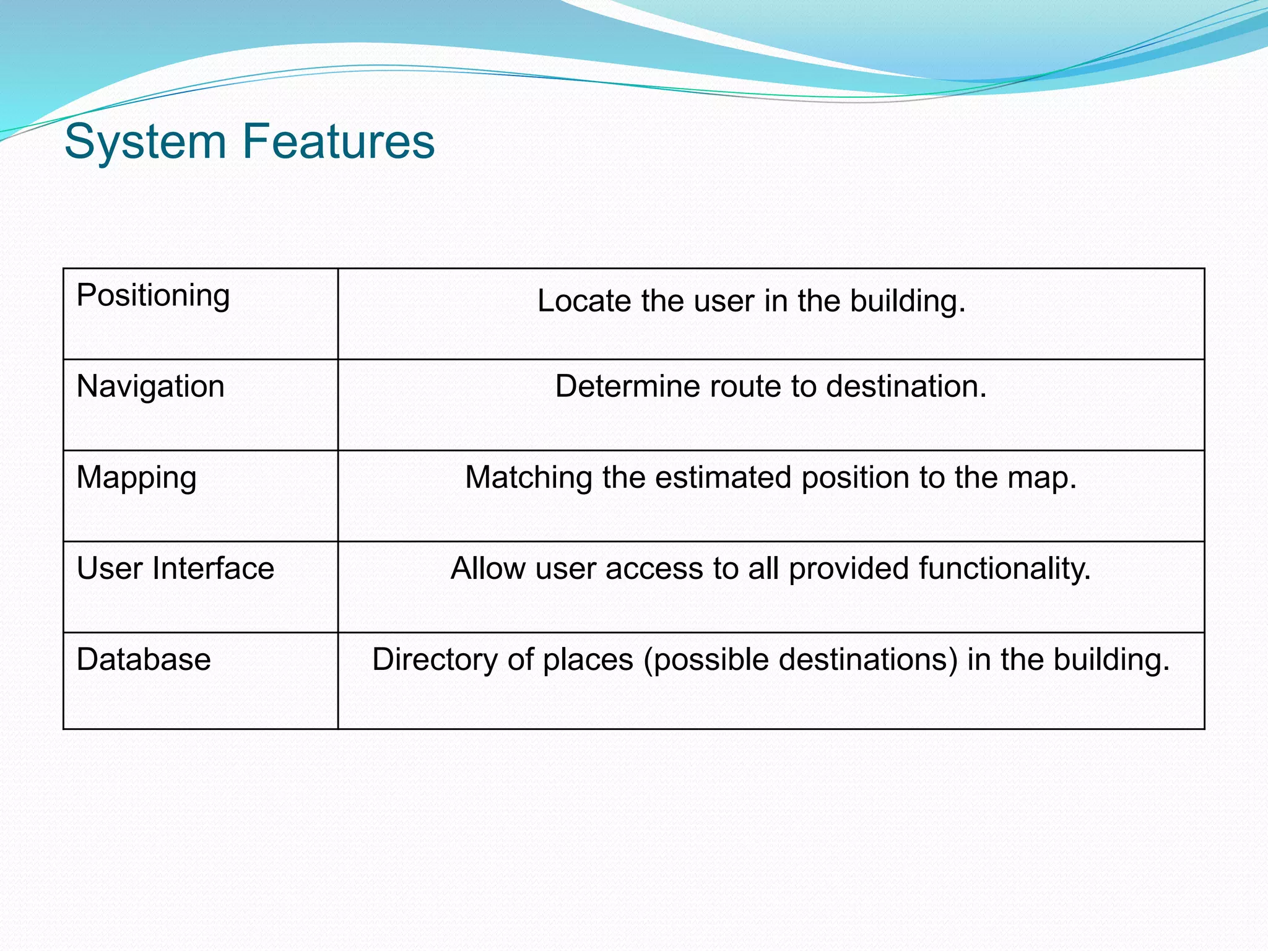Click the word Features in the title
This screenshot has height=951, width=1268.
[339, 141]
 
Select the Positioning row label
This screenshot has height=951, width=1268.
[153, 295]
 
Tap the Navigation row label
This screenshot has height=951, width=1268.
[150, 386]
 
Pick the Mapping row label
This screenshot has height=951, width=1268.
[136, 478]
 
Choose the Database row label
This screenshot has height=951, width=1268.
[144, 659]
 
